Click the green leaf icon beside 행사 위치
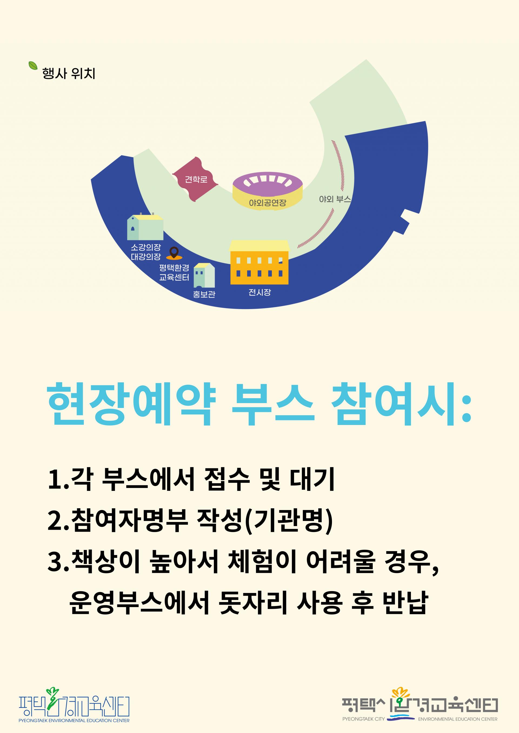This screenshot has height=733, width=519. (x=33, y=65)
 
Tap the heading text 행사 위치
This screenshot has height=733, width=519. (x=69, y=73)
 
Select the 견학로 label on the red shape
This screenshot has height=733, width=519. (x=196, y=179)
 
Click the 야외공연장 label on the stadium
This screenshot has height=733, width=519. (x=268, y=202)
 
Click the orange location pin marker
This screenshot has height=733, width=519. (x=174, y=253)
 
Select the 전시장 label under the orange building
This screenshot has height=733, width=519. (x=259, y=292)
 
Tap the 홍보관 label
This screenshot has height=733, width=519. (x=204, y=294)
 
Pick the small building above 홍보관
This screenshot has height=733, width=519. (x=204, y=275)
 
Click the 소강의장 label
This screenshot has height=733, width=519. (x=146, y=247)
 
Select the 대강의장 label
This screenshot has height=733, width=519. (x=146, y=256)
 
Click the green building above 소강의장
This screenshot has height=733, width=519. (x=145, y=227)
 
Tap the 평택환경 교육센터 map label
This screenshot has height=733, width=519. (x=174, y=272)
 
